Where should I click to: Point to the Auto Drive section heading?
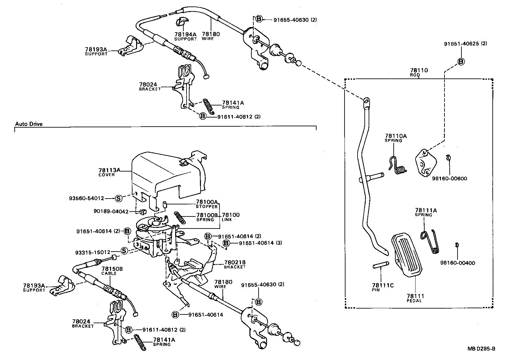(x=29, y=124)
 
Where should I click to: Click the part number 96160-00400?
(x=458, y=262)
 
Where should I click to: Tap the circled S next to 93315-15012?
(x=124, y=252)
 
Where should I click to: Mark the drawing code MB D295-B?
(x=481, y=349)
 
